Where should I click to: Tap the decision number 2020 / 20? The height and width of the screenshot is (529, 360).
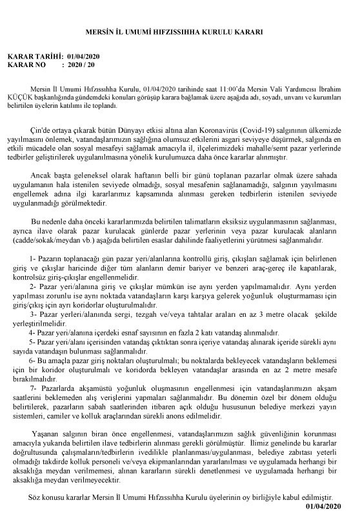(x=81, y=65)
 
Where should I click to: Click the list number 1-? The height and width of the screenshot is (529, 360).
(x=34, y=258)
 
